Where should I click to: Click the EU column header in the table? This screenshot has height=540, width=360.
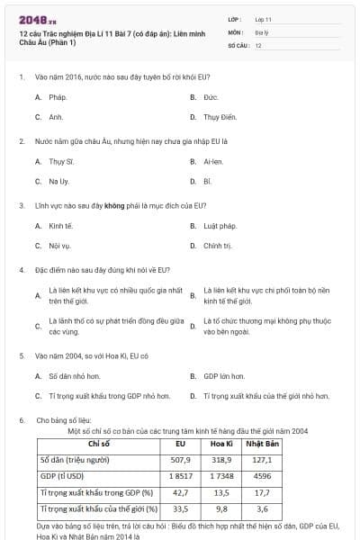pyautogui.click(x=180, y=444)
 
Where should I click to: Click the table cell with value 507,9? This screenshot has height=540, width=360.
pyautogui.click(x=180, y=459)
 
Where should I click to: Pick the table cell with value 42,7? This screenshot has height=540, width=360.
pyautogui.click(x=180, y=492)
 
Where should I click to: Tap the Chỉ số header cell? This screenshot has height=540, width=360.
pyautogui.click(x=98, y=444)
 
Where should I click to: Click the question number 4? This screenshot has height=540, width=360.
pyautogui.click(x=21, y=270)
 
